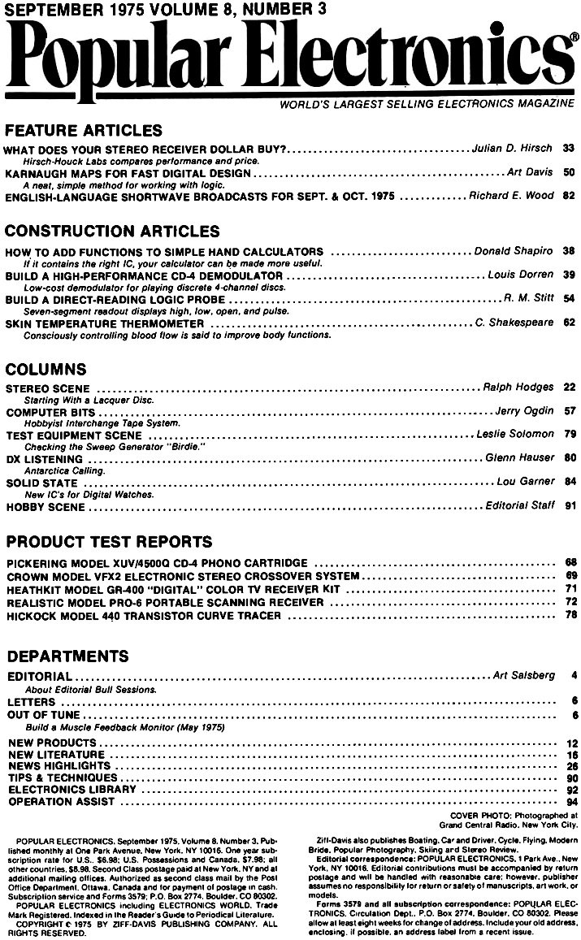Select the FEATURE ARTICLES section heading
pyautogui.click(x=84, y=130)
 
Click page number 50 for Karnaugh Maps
pyautogui.click(x=569, y=172)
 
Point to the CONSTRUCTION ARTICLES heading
pyautogui.click(x=112, y=232)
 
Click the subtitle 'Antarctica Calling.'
pyautogui.click(x=63, y=470)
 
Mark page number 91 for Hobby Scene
pyautogui.click(x=569, y=505)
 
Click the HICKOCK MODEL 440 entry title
pyautogui.click(x=143, y=616)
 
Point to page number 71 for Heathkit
pyautogui.click(x=570, y=587)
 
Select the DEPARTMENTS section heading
pyautogui.click(x=67, y=655)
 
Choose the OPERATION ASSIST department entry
pyautogui.click(x=61, y=802)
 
